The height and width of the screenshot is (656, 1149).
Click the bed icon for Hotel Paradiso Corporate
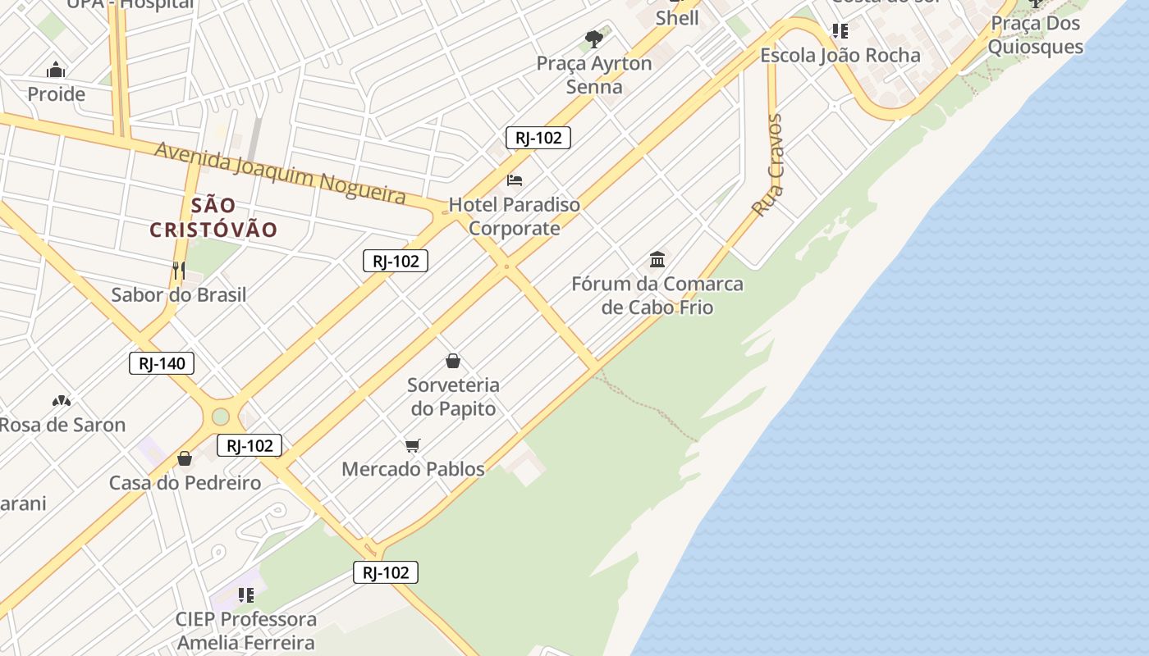click(515, 180)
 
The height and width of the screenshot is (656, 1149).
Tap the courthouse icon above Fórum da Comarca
click(657, 260)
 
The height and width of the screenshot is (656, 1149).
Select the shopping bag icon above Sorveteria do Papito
click(453, 361)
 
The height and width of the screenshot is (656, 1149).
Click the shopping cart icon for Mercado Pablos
click(413, 445)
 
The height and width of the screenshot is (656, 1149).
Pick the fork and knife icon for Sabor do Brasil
click(178, 270)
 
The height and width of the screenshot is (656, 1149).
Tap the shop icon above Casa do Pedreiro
click(185, 458)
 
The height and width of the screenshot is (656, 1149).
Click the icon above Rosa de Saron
click(62, 401)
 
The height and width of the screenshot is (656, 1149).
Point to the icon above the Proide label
click(56, 70)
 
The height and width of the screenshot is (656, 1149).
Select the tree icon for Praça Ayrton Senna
click(594, 39)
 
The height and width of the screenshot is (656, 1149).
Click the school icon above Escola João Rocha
click(840, 31)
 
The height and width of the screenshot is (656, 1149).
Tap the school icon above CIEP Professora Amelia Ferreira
click(245, 594)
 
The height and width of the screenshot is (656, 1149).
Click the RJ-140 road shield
click(162, 363)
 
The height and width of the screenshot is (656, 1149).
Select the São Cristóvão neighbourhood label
click(213, 217)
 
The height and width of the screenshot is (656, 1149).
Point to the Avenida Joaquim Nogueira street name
click(280, 172)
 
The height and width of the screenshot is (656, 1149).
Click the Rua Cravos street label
click(768, 166)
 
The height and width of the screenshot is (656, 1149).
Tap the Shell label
click(677, 17)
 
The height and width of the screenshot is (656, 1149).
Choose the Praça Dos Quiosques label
click(1035, 34)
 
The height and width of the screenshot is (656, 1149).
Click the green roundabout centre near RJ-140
click(221, 417)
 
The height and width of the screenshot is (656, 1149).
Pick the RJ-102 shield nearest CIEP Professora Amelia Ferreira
click(386, 572)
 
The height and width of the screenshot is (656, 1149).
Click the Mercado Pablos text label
click(413, 469)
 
